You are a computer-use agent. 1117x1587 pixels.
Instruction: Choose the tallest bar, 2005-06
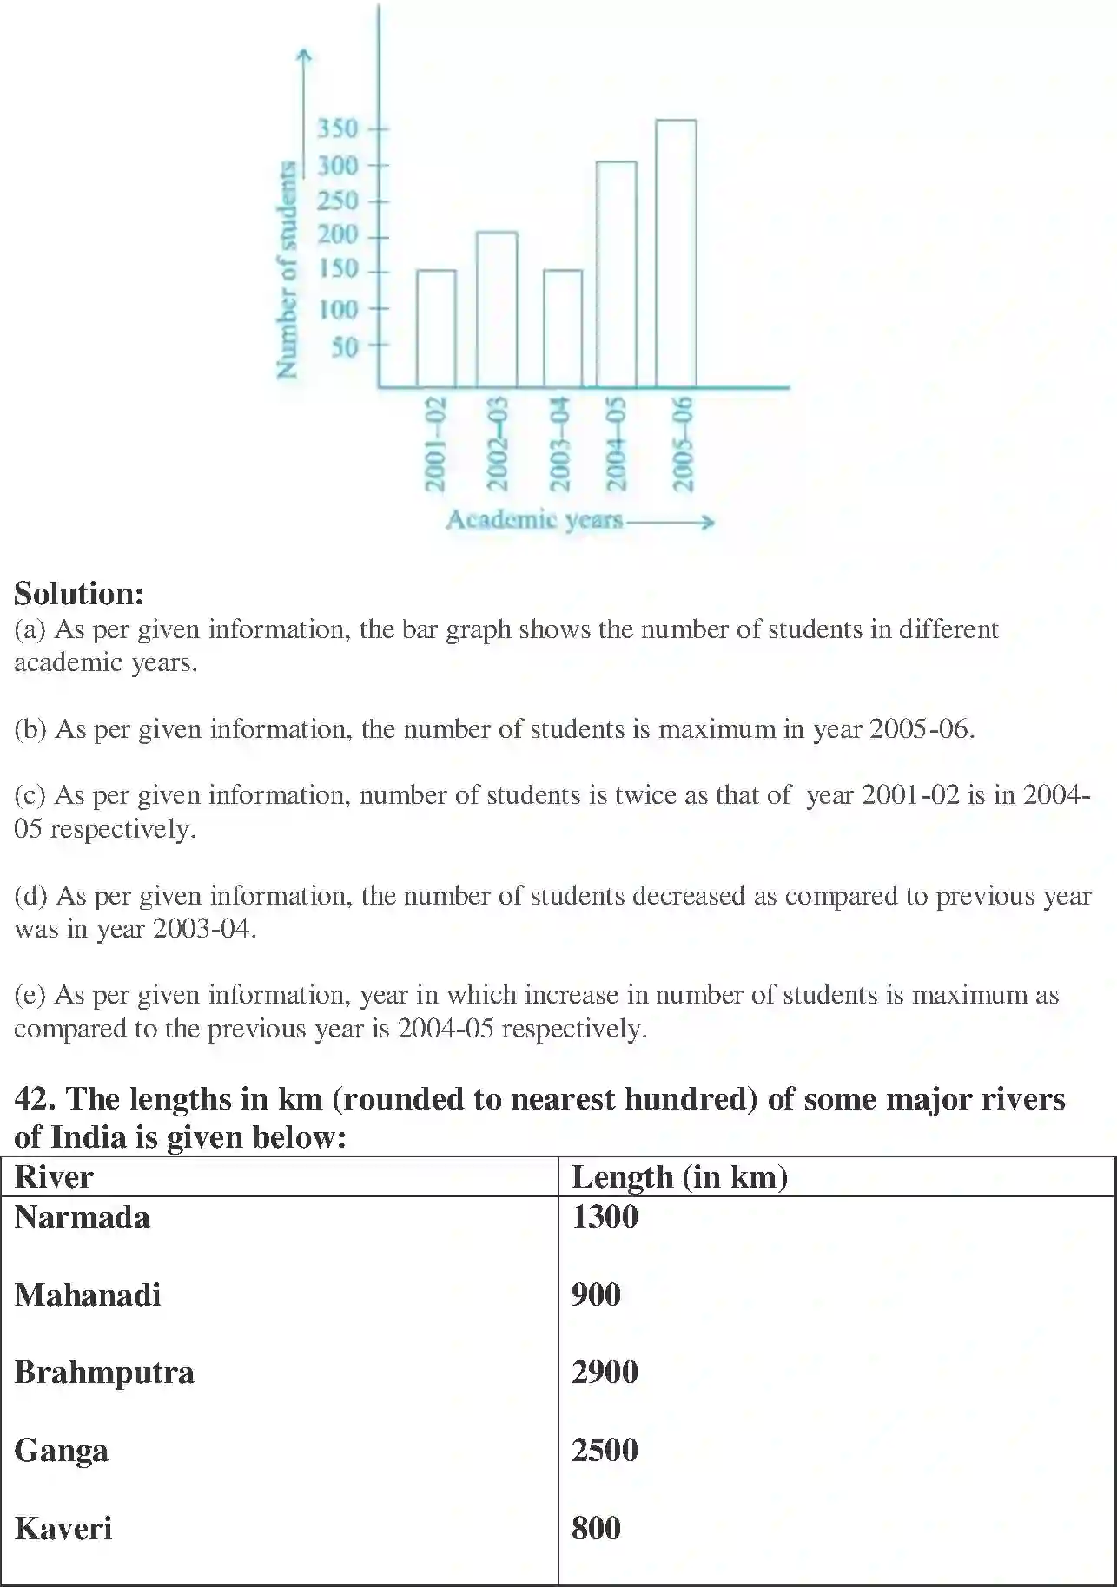point(676,253)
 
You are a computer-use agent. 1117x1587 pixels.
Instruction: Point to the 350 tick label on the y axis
point(337,129)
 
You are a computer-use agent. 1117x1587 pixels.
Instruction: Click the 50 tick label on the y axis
point(344,347)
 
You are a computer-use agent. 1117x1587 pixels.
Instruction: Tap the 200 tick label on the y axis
point(337,235)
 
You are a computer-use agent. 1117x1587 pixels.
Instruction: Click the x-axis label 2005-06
point(684,443)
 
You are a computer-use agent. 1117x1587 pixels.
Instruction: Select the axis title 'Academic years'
point(534,520)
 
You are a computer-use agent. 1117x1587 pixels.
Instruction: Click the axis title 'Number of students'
point(287,270)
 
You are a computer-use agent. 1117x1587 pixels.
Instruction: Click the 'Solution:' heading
point(79,594)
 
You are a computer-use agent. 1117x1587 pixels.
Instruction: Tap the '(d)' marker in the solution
point(31,896)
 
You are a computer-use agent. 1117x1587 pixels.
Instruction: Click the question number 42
point(35,1099)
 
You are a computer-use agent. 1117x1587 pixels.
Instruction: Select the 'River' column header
point(54,1177)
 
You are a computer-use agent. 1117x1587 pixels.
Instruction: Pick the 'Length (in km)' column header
point(679,1177)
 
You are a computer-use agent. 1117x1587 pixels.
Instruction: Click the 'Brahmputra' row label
point(104,1373)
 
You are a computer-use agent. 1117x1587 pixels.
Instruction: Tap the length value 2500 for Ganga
point(605,1450)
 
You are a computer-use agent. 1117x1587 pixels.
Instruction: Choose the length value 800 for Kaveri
point(596,1528)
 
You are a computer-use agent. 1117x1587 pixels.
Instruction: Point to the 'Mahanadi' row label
point(88,1295)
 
